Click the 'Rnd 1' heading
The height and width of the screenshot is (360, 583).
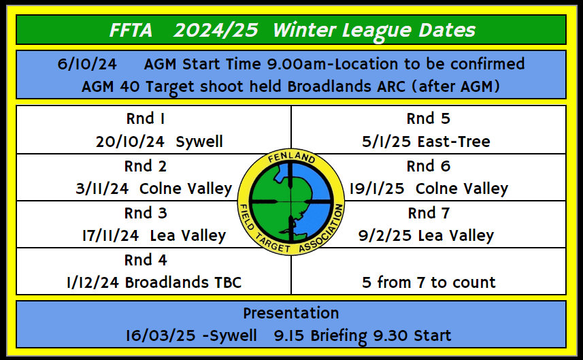point(146,119)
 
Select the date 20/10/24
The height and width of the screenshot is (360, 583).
point(130,142)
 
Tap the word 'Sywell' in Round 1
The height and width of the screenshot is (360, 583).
point(199,142)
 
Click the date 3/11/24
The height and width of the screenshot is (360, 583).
point(102,189)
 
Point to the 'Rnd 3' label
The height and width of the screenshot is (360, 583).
point(146,213)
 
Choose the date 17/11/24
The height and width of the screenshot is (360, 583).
point(110,235)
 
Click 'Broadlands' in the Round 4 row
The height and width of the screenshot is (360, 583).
point(167,282)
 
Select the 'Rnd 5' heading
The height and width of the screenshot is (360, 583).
point(429,119)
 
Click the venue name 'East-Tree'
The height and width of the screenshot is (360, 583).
point(454,142)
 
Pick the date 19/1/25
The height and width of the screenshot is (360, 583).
point(377,189)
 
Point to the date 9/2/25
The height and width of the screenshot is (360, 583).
point(385,235)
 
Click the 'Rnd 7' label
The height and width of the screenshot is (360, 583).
point(429,213)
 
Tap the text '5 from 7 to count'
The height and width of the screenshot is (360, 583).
point(429,282)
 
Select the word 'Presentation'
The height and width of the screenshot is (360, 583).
point(291,313)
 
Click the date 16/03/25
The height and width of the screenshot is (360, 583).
point(161,336)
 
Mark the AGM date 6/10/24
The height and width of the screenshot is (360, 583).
point(87,65)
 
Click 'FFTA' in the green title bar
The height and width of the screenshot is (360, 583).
point(131,30)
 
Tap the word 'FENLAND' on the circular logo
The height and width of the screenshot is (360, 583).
point(292,157)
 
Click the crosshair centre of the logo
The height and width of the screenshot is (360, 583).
point(291,202)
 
